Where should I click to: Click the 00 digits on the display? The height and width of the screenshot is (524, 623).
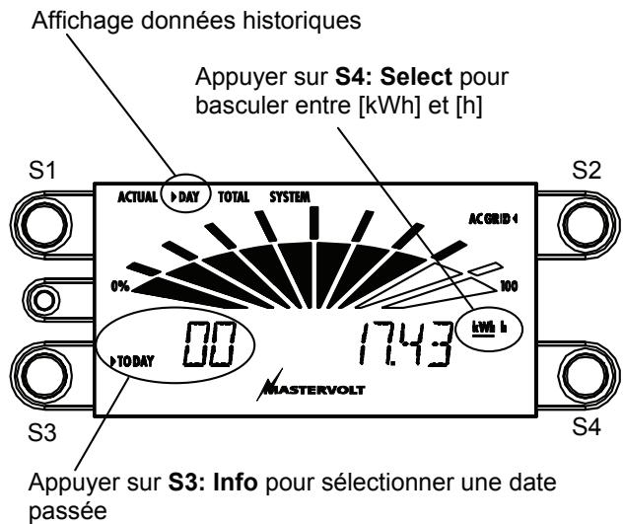[x=206, y=347]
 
